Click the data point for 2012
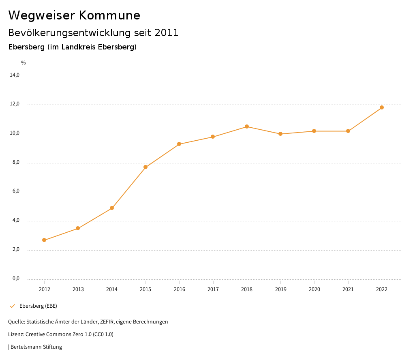point(44,240)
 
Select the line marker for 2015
point(145,167)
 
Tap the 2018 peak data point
point(247,126)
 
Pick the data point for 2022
point(382,107)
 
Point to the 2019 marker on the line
point(280,134)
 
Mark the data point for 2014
point(112,208)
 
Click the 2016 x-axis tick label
point(179,289)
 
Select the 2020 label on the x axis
point(314,289)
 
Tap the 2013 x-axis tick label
point(78,289)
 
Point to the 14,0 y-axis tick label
point(15,75)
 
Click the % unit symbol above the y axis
point(24,63)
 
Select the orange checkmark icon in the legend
point(12,306)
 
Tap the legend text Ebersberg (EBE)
point(38,306)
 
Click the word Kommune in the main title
point(109,15)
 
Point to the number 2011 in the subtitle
point(167,33)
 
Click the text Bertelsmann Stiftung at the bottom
point(36,347)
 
